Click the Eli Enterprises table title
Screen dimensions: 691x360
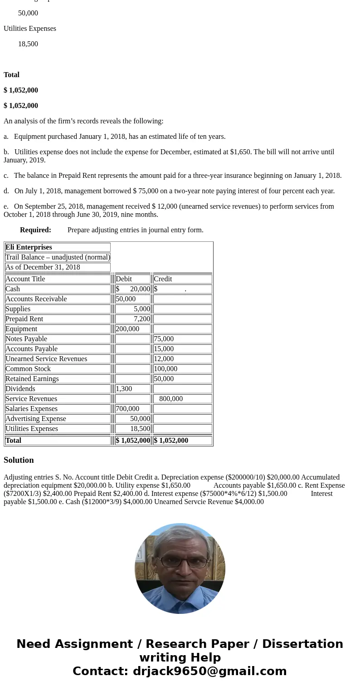pos(29,247)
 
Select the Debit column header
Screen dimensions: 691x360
pos(124,279)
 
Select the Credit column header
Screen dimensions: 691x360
pos(163,279)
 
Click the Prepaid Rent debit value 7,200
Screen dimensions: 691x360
pos(141,319)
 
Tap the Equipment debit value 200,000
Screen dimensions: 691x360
pos(127,329)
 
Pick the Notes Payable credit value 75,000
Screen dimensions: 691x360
pos(164,339)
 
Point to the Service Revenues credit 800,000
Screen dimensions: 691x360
pos(171,399)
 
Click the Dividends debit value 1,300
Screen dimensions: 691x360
pos(124,389)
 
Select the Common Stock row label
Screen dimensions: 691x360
pos(28,369)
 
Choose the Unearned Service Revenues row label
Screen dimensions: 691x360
pos(46,359)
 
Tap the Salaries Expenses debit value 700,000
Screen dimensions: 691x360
pos(127,409)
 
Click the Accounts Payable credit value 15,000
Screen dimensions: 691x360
pos(164,349)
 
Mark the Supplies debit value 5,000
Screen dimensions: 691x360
pos(141,309)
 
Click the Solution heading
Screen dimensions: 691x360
pos(19,460)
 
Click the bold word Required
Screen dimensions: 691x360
pos(35,230)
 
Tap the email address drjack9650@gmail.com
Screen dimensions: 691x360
pos(209,671)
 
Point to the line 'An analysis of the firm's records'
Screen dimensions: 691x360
pos(83,121)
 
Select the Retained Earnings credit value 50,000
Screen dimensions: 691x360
pos(164,379)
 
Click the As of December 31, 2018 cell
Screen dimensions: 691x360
pos(43,267)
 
